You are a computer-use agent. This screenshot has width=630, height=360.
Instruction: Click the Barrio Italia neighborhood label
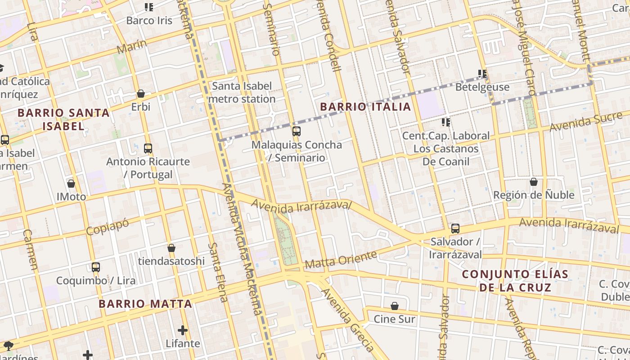point(365,107)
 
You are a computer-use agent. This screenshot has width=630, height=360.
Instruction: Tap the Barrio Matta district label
point(145,304)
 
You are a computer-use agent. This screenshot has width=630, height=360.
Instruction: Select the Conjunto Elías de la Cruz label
point(515,281)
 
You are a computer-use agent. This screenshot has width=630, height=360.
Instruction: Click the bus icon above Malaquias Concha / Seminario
point(296,131)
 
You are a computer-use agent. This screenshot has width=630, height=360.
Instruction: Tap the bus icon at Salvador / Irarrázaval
point(455,229)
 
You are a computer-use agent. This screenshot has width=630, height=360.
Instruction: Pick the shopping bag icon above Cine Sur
point(395,306)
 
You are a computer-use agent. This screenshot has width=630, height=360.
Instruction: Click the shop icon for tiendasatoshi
point(171,248)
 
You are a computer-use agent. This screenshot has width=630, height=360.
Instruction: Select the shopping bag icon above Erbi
point(141,94)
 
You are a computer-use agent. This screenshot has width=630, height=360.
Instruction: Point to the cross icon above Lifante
point(182,330)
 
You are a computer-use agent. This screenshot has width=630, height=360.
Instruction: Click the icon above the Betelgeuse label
point(482,73)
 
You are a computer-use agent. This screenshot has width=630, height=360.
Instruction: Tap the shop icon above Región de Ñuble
point(534,182)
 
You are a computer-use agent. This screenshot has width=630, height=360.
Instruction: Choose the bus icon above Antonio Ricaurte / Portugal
point(148,148)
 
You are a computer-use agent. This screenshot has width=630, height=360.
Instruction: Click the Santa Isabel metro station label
point(242,92)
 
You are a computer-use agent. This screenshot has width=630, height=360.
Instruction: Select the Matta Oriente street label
point(341,260)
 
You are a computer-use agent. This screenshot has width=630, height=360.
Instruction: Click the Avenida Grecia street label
point(347,319)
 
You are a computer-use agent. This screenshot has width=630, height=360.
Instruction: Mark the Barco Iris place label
point(149,20)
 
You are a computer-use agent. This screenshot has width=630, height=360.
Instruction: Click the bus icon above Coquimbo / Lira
point(95,267)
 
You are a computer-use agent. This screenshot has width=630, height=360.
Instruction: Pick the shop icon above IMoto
point(71,184)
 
